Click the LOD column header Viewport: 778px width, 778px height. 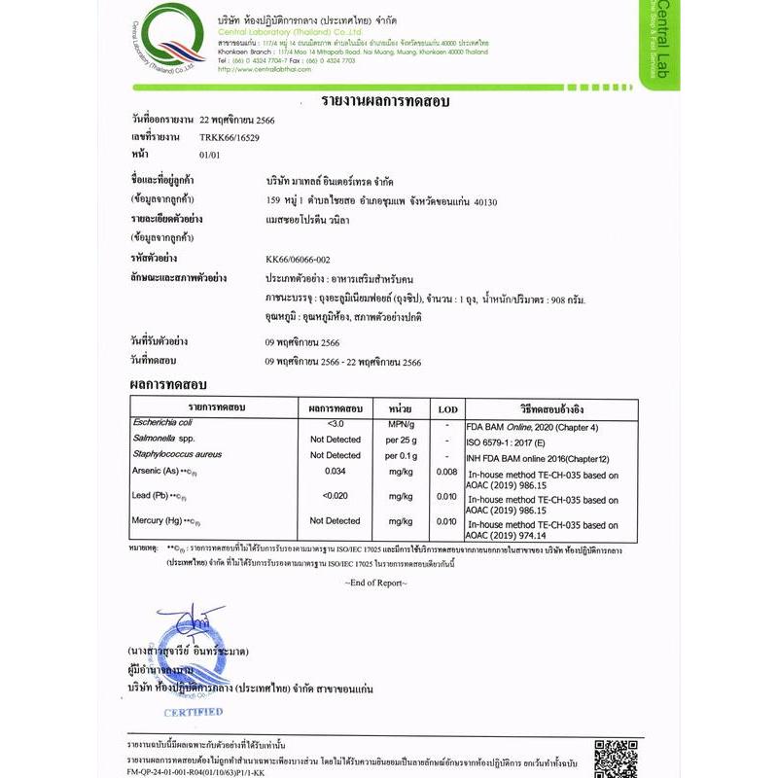point(446,407)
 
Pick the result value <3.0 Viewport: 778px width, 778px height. point(336,425)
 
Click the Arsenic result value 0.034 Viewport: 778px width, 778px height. point(336,472)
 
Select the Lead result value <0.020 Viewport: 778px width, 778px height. point(336,496)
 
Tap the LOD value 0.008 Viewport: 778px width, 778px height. point(446,472)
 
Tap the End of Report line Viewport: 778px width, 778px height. point(375,583)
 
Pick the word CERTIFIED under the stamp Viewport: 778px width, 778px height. point(193,712)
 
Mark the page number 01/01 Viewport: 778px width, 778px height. point(209,154)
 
